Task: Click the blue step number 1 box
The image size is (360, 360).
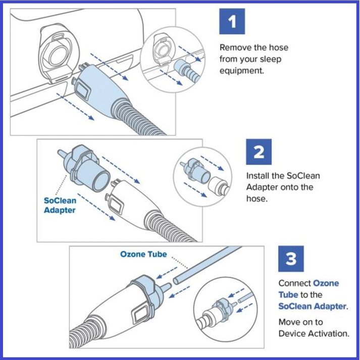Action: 232,23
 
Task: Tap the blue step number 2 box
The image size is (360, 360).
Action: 259,151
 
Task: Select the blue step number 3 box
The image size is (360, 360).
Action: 291,260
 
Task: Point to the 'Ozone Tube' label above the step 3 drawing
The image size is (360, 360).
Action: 143,254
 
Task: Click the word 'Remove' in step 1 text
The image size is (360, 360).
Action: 234,48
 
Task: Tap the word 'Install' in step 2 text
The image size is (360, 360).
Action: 258,176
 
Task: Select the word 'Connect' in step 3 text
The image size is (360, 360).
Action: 294,283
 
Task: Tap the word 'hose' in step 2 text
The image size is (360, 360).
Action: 255,198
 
